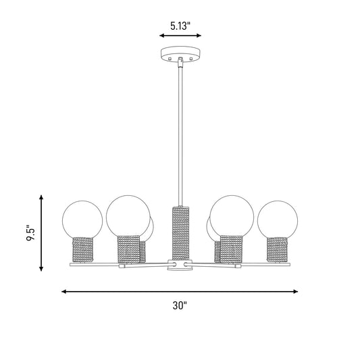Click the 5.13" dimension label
click(x=180, y=26)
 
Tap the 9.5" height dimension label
click(x=31, y=232)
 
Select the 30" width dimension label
click(x=180, y=305)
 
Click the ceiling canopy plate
click(x=180, y=55)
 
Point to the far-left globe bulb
click(x=82, y=220)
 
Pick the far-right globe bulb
click(x=278, y=220)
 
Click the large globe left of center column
click(x=128, y=216)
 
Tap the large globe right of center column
click(x=232, y=216)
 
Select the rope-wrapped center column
click(x=181, y=233)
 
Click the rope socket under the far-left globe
click(x=83, y=249)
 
